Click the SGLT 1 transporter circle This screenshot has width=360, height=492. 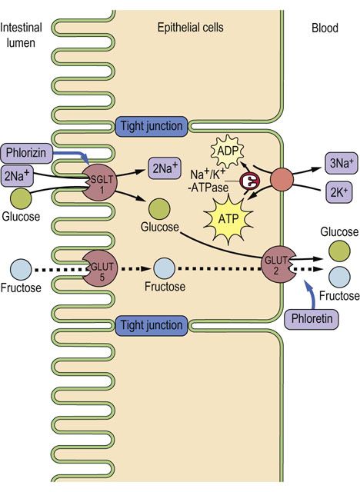coord(99,183)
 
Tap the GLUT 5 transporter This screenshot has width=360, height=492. coord(100,268)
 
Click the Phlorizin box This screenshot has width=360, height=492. coord(26,153)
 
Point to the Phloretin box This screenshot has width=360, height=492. coord(312,319)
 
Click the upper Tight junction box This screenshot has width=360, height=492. coord(152,126)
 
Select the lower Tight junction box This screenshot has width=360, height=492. coord(152,325)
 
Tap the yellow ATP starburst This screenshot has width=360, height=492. coord(228,218)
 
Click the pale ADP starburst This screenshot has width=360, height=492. coord(228,151)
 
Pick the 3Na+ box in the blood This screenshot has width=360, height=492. coord(342,163)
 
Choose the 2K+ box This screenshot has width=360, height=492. coord(339,192)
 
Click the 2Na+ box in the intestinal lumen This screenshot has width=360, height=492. coord(18,176)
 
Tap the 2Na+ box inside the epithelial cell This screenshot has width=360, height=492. coord(165,168)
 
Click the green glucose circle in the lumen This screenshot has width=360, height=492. coord(21,198)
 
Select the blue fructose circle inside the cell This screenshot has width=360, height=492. coord(164,268)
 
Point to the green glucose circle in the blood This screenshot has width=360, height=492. coord(339,251)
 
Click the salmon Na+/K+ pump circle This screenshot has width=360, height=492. coord(282,179)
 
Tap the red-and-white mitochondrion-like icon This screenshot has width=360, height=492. coord(250,181)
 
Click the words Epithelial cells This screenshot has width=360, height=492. coord(191,28)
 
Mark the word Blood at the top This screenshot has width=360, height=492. coord(325,28)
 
